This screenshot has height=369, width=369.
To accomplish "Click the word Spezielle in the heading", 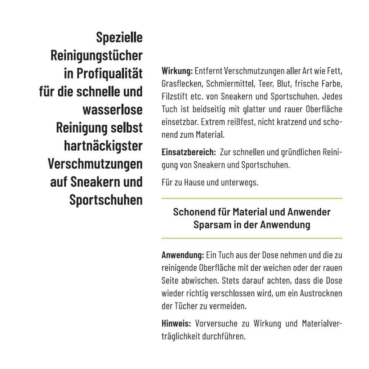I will click(x=119, y=37).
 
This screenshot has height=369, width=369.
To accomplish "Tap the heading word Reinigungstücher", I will click(x=96, y=55).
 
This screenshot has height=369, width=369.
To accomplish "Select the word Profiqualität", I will click(x=110, y=74).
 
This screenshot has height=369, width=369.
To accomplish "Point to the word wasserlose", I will click(x=112, y=110).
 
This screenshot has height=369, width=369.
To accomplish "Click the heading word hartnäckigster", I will click(x=103, y=146).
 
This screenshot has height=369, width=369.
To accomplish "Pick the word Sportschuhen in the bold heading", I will click(x=106, y=200).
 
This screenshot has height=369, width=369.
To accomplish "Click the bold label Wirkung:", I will click(x=177, y=71).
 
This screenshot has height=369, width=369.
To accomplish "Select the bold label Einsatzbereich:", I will click(x=188, y=152).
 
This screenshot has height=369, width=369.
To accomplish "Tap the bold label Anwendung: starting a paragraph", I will click(x=183, y=255).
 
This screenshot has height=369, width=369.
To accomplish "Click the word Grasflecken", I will click(x=182, y=84).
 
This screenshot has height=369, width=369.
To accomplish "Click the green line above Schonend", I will click(x=252, y=199).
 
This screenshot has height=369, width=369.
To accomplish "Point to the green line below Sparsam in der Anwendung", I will click(x=252, y=238).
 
